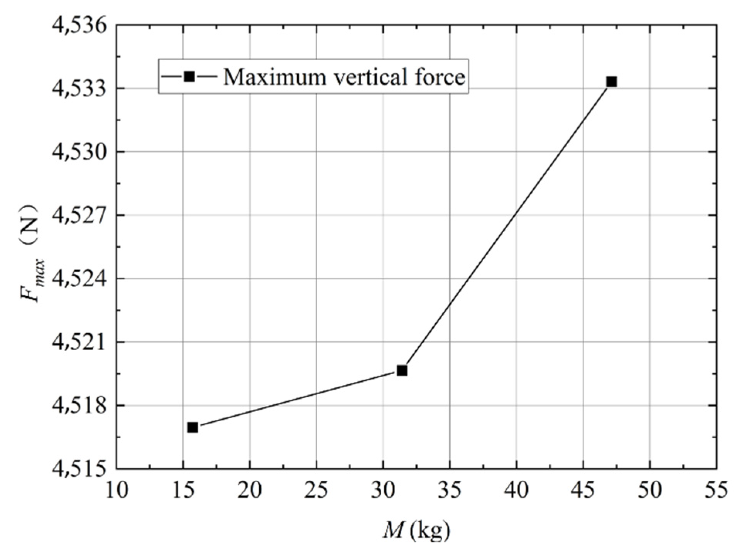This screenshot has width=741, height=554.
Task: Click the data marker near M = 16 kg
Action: tap(193, 427)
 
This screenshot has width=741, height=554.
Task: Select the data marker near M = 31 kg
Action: tap(402, 370)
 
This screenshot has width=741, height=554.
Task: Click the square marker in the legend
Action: tap(189, 76)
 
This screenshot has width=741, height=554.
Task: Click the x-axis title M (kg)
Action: tap(416, 531)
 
